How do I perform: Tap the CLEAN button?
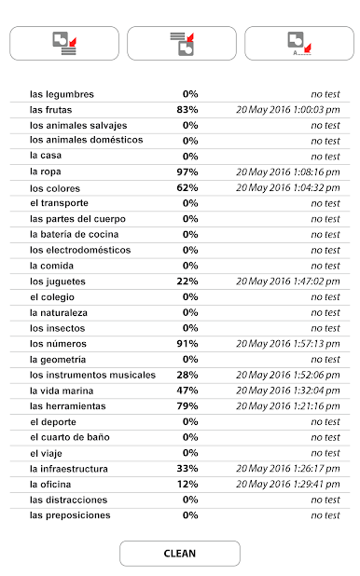point(179,553)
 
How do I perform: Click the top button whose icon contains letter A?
point(298,44)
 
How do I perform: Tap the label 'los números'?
point(58,343)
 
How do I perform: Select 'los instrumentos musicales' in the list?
point(92,375)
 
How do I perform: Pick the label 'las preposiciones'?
point(70,515)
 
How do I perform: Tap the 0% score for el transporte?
point(190,203)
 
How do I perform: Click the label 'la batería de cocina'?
point(78,234)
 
